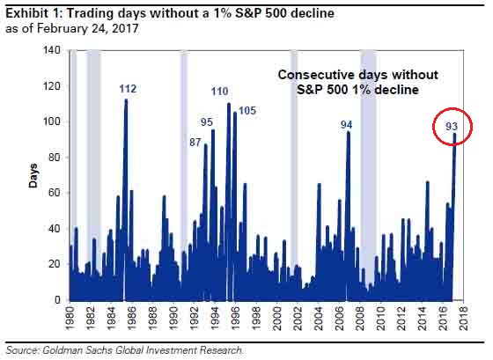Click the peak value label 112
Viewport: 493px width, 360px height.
128,89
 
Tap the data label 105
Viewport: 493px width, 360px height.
247,110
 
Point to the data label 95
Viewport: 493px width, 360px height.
207,122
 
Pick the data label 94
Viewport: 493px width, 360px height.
347,125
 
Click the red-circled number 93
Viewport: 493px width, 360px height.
453,127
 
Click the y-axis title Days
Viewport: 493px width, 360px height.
30,175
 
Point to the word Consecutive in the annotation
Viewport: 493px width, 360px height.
315,76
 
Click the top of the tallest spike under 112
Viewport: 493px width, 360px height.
126,100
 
